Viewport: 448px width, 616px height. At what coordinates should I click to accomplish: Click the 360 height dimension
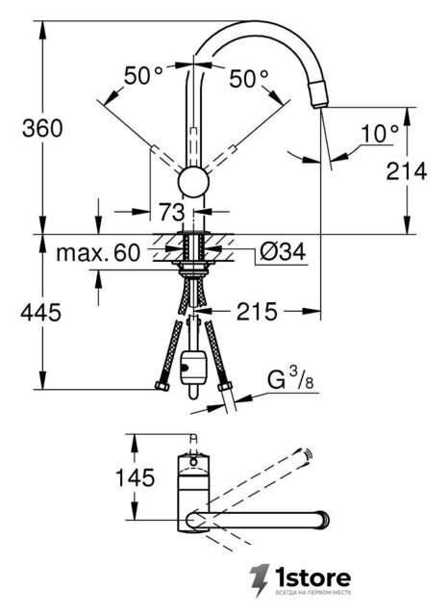42,128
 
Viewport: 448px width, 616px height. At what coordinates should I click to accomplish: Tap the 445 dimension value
40,313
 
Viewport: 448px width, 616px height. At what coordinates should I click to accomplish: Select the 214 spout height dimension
407,171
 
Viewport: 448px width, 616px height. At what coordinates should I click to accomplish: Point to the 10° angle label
380,134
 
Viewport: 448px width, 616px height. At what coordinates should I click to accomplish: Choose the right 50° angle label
249,79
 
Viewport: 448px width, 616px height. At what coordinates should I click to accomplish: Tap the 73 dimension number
171,212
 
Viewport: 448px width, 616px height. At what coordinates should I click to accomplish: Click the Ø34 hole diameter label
283,251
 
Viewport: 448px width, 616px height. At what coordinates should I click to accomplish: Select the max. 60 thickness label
98,252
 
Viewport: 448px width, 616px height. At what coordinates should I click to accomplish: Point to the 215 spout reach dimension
257,312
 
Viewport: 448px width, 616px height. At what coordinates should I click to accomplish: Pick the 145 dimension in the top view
135,477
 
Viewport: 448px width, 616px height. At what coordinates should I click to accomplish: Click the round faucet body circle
193,183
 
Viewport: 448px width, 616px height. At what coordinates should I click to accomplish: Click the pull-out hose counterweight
192,368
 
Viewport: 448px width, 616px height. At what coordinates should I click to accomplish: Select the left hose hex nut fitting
162,385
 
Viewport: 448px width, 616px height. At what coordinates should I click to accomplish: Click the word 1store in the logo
312,577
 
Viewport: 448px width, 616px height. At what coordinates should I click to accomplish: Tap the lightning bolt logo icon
260,580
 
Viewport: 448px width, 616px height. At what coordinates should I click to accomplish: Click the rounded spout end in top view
323,520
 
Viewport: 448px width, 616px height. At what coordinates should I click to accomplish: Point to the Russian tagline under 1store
313,593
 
